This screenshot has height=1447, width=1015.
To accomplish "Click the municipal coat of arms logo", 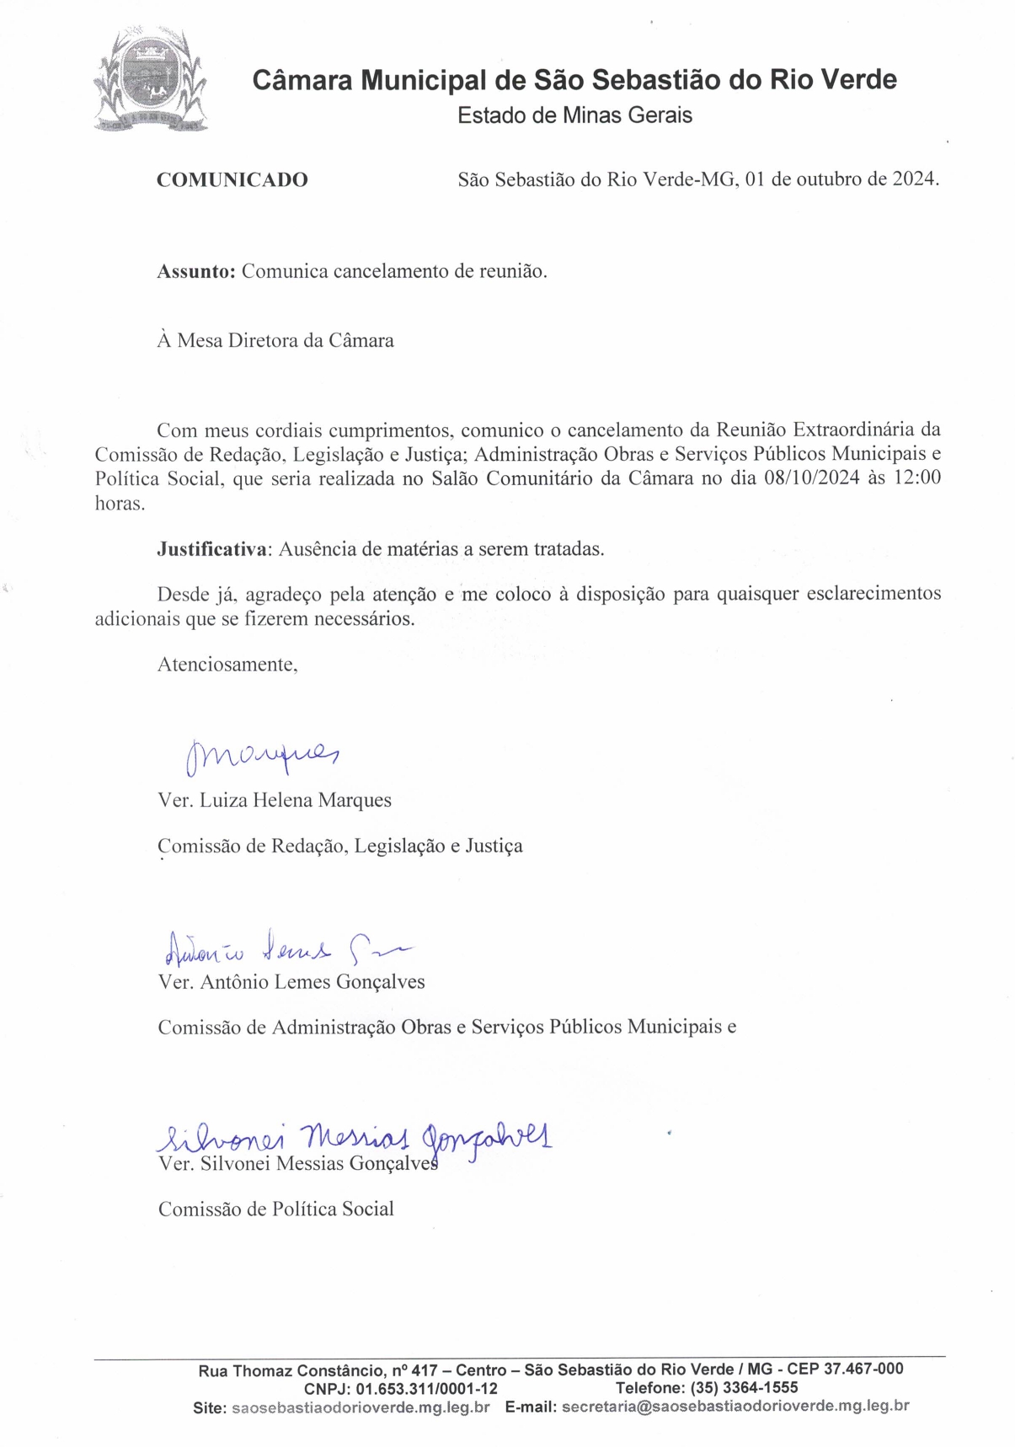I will [150, 80].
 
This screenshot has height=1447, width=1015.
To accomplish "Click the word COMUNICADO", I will [232, 179].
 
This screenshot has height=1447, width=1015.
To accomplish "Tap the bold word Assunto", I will [195, 271].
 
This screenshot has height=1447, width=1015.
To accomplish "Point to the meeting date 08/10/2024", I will [811, 478].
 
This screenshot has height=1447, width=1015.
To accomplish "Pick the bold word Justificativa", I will [211, 549].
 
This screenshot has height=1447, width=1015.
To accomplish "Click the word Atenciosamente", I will [227, 664].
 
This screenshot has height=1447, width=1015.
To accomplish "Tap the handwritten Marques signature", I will [260, 755].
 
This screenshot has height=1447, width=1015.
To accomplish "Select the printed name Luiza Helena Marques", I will [295, 800].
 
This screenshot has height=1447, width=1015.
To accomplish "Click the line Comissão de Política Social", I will [275, 1209].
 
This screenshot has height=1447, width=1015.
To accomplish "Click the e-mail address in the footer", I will [735, 1407].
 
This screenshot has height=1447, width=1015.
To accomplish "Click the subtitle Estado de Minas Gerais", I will [574, 115].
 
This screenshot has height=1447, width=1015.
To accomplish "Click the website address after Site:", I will [361, 1407].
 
